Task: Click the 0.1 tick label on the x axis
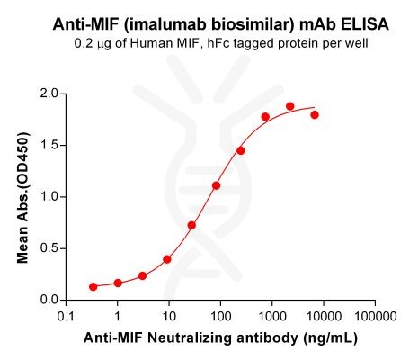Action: point(66,318)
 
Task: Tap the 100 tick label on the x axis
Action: point(219,318)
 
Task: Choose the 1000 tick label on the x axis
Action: point(271,318)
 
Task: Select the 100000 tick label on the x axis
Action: point(373,318)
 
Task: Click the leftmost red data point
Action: point(93,286)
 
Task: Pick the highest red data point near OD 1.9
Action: point(290,106)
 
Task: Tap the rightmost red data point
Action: point(315,115)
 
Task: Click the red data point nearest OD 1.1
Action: point(217,185)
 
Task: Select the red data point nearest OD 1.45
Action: point(241,150)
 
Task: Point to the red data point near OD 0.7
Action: point(191,225)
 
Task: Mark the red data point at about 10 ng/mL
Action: point(167,259)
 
